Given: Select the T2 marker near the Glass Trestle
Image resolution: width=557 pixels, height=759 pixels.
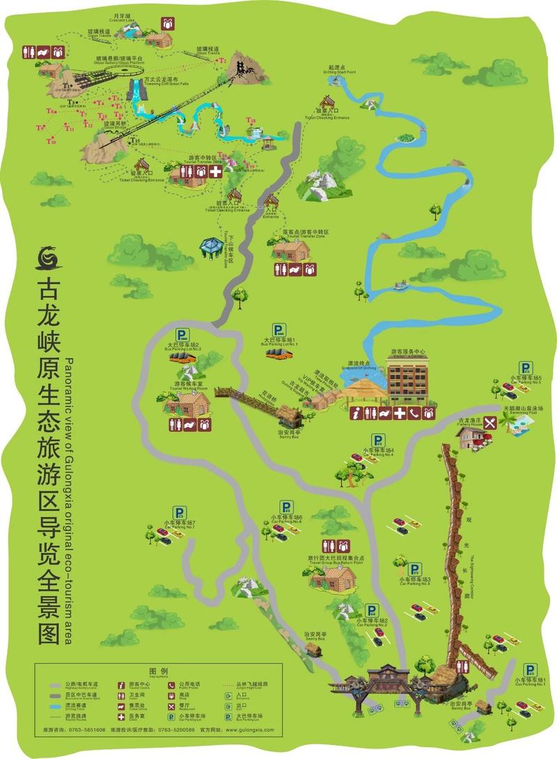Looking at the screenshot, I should [222, 61].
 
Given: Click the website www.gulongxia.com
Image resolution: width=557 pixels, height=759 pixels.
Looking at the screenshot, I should [245, 730].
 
